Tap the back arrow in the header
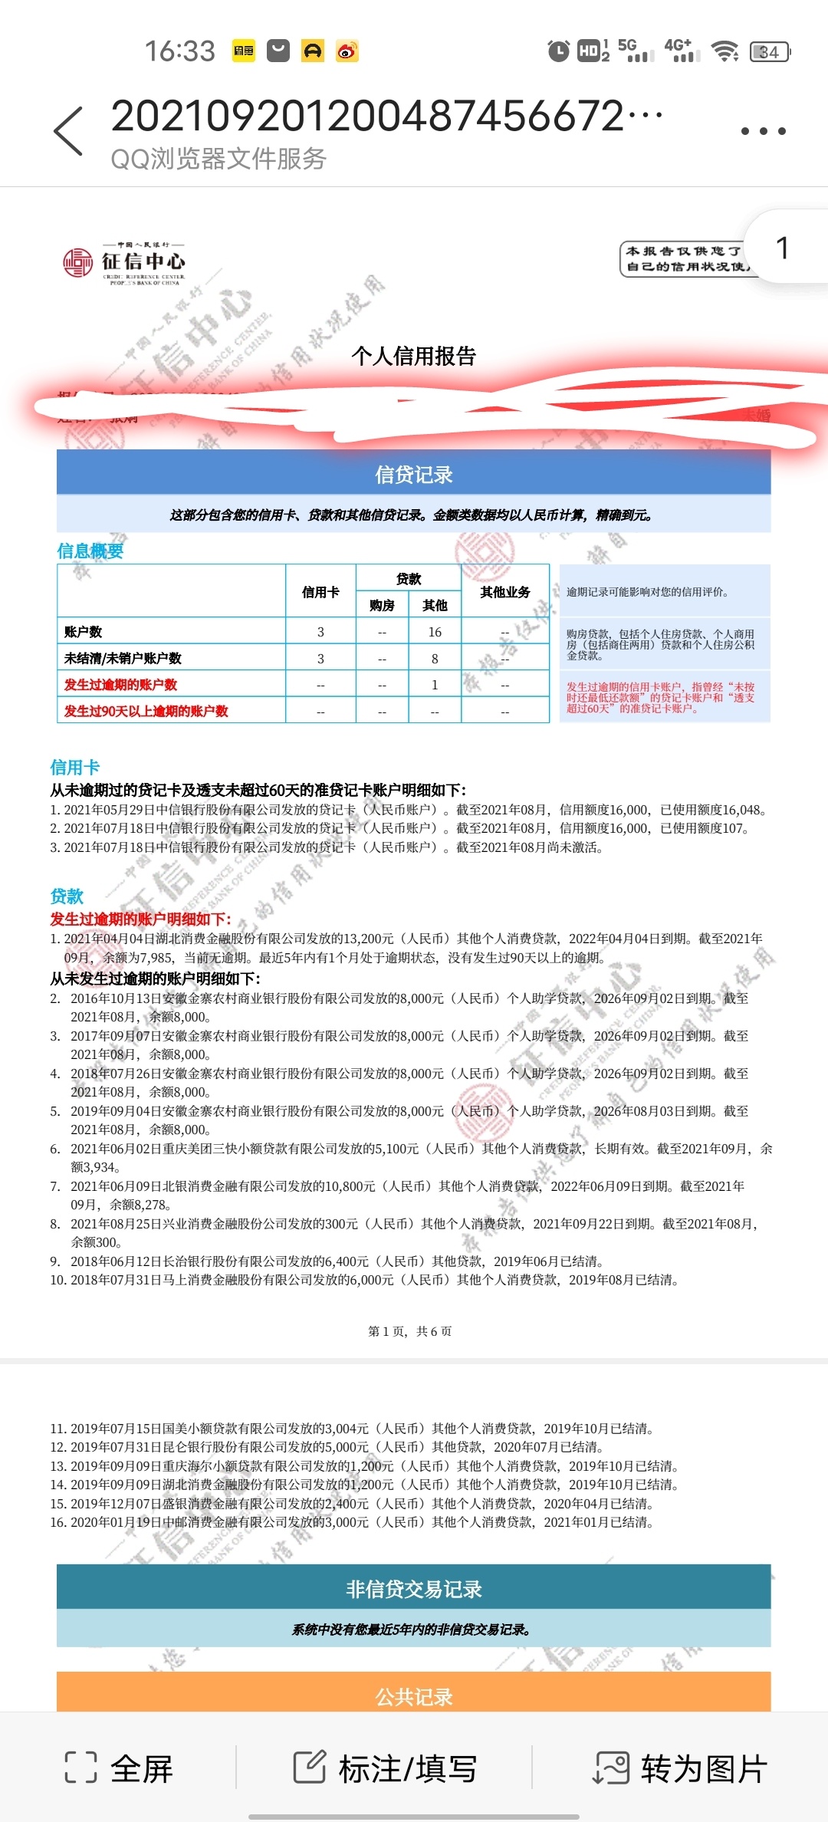[x=68, y=132]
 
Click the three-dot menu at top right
[x=763, y=132]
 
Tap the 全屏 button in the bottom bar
[x=120, y=1768]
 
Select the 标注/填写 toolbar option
[x=385, y=1768]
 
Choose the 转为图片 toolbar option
[x=680, y=1768]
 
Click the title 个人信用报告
[x=414, y=356]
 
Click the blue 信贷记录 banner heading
[x=414, y=475]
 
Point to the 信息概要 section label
[x=90, y=551]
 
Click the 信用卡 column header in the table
[x=320, y=592]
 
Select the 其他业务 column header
[x=504, y=592]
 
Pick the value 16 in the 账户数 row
[x=435, y=632]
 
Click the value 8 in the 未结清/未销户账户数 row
[x=435, y=659]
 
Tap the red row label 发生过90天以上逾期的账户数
[x=146, y=711]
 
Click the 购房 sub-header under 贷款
[x=382, y=606]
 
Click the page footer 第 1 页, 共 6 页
[x=410, y=1331]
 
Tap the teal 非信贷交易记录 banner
[x=414, y=1589]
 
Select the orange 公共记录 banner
[x=414, y=1696]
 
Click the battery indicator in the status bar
[x=769, y=51]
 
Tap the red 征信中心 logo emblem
[x=77, y=262]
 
